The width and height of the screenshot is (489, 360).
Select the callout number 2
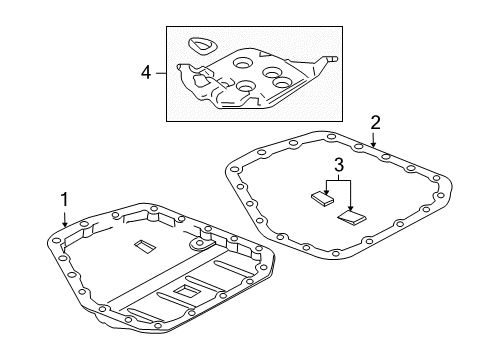tap(375, 122)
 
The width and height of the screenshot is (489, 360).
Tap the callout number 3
tap(339, 164)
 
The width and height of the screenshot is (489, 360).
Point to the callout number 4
tap(146, 72)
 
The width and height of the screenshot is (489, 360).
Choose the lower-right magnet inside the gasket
tap(353, 215)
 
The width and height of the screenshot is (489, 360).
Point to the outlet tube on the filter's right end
tap(331, 59)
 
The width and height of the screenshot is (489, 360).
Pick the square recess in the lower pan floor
tap(187, 291)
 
